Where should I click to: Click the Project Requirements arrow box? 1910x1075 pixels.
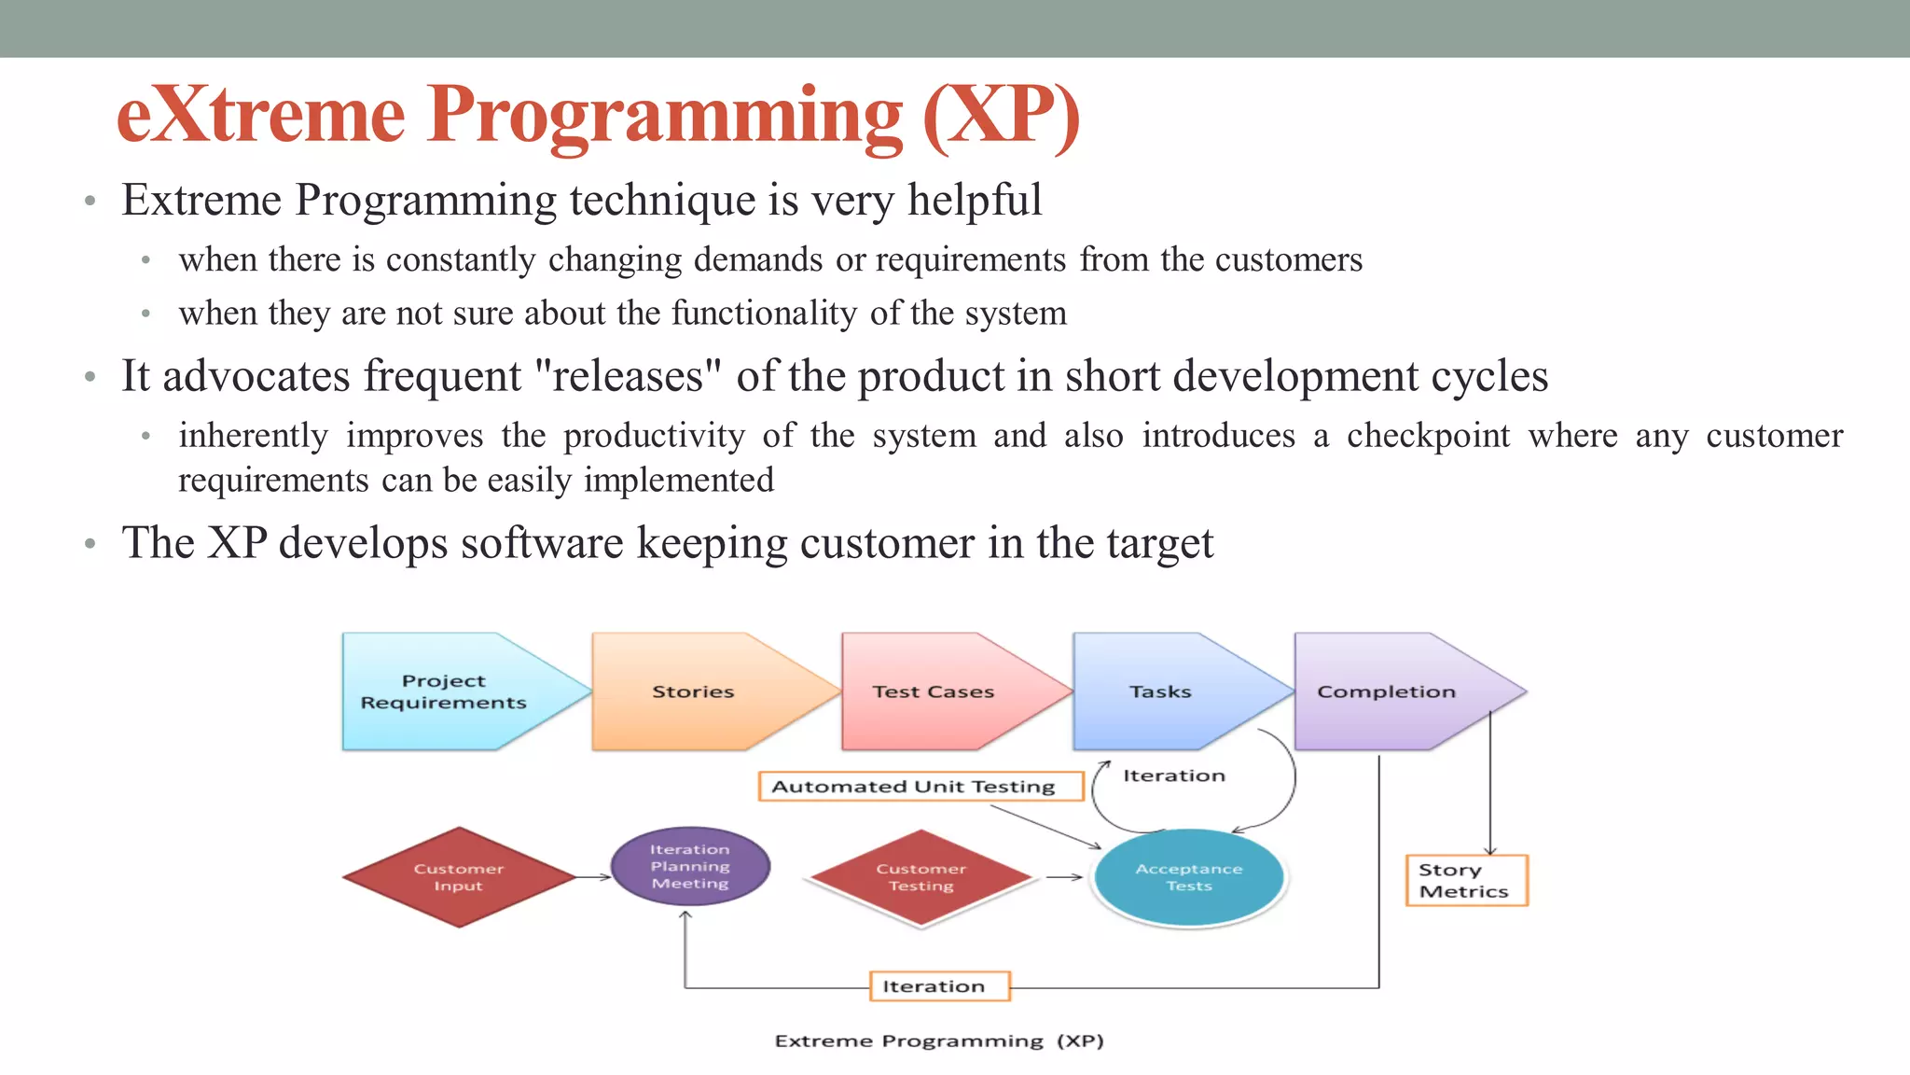pyautogui.click(x=448, y=691)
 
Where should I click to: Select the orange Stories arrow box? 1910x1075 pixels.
pyautogui.click(x=695, y=691)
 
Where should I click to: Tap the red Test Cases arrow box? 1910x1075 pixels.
pyautogui.click(x=935, y=691)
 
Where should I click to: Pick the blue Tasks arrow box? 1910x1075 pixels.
pyautogui.click(x=1162, y=691)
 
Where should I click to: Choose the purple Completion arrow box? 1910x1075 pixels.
pyautogui.click(x=1387, y=691)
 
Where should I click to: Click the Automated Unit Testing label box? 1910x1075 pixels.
pyautogui.click(x=920, y=787)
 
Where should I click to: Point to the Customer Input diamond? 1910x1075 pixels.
pyautogui.click(x=459, y=877)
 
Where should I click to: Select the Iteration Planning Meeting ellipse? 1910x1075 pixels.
pyautogui.click(x=690, y=867)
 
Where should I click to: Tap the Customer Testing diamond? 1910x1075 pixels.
pyautogui.click(x=921, y=877)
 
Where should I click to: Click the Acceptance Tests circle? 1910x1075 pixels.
pyautogui.click(x=1189, y=877)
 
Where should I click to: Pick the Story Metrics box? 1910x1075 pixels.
pyautogui.click(x=1466, y=881)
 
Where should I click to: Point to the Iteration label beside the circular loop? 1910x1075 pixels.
pyautogui.click(x=1174, y=775)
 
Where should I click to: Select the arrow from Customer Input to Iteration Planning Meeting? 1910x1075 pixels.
pyautogui.click(x=592, y=877)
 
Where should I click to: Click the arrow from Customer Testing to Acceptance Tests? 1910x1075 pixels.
pyautogui.click(x=1064, y=877)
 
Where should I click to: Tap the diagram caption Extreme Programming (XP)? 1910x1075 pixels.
pyautogui.click(x=939, y=1041)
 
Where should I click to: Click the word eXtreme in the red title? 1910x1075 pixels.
pyautogui.click(x=261, y=116)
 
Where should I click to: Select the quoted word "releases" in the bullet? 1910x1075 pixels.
pyautogui.click(x=630, y=377)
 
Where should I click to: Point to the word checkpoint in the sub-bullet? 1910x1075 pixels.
pyautogui.click(x=1428, y=437)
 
